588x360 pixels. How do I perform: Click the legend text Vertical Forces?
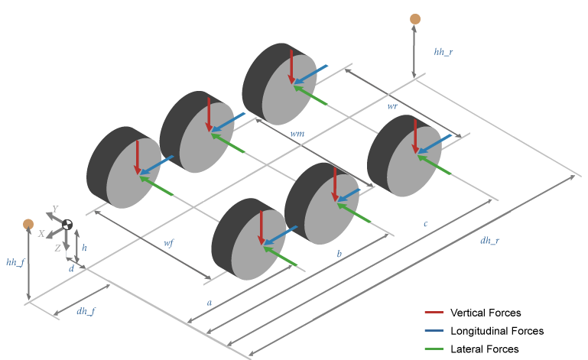[486, 313]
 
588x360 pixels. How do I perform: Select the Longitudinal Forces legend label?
[497, 331]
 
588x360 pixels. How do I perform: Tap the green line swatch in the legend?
[434, 349]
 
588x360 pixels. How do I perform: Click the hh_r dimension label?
[443, 52]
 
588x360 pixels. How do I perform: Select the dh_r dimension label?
[489, 241]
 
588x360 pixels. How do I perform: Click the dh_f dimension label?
[86, 310]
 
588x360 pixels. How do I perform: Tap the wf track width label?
[168, 242]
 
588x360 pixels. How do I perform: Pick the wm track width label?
[297, 134]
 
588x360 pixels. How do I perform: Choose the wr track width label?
[391, 108]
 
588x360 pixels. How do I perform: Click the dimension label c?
[425, 224]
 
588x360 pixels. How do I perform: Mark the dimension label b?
[339, 251]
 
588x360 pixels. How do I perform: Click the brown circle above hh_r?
[415, 18]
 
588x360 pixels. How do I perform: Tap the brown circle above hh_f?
[28, 224]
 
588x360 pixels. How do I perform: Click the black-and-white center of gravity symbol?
[67, 225]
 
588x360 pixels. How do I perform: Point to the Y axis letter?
[54, 209]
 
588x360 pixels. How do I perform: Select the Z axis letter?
[57, 248]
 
